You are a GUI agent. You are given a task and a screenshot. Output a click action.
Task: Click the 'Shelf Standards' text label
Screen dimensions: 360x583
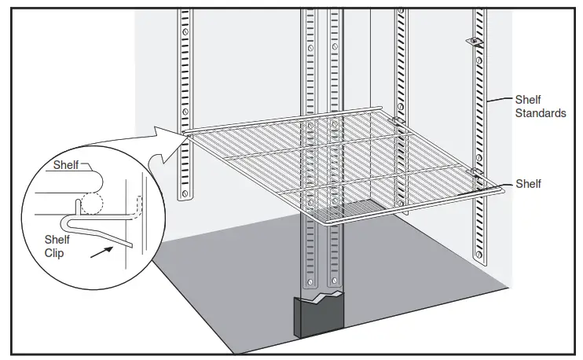tap(540, 106)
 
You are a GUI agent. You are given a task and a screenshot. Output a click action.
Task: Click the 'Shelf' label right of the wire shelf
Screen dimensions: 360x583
tap(528, 183)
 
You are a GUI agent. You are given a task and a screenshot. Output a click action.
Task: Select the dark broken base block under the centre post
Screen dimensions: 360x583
tap(319, 318)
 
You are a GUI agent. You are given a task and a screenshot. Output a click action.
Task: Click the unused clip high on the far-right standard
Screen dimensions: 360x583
tap(475, 39)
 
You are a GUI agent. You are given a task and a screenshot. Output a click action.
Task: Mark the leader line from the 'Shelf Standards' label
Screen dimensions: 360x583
tap(500, 101)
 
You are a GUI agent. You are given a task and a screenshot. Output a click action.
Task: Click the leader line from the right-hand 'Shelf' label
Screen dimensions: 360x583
tap(507, 184)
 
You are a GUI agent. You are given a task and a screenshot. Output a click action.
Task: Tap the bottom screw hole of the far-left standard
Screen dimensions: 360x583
tap(185, 192)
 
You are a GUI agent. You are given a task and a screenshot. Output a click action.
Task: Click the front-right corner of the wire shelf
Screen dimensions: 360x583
tap(500, 189)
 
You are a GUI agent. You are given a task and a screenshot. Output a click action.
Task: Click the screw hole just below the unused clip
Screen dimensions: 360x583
tap(476, 55)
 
